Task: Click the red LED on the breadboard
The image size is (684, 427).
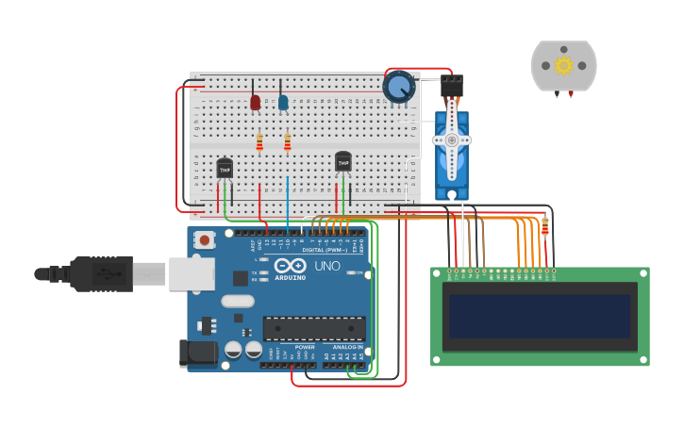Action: point(255,102)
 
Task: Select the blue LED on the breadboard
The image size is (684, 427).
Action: point(283,102)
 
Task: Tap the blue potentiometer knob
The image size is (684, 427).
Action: point(398,87)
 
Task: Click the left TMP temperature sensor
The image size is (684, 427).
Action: point(225,168)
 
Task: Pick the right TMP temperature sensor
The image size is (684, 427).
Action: point(343,162)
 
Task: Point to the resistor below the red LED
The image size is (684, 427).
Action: point(259,142)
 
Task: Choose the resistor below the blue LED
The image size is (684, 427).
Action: point(288,142)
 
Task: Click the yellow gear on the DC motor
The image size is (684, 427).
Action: point(564,65)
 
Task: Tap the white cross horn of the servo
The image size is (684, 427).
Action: point(451,140)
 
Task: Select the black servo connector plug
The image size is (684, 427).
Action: point(452,86)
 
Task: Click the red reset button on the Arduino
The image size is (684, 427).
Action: point(205,240)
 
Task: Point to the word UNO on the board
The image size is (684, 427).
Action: point(326,267)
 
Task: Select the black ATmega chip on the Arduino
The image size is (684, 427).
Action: point(314,329)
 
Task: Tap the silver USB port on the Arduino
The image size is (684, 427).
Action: point(192,273)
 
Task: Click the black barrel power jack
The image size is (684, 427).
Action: point(193,353)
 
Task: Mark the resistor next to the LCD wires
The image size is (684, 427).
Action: point(544,226)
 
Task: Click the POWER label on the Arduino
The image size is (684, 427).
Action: point(305,347)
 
